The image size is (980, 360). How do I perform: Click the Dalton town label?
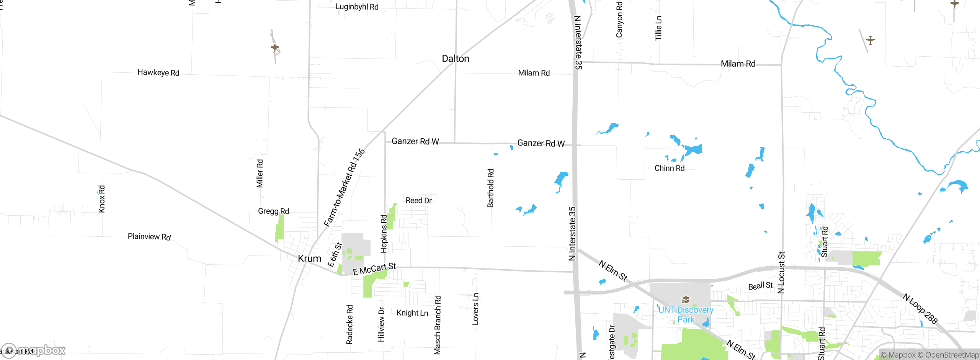click(x=455, y=59)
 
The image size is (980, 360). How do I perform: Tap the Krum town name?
click(x=309, y=259)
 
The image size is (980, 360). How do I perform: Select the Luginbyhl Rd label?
click(x=357, y=7)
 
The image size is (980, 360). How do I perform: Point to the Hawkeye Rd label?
click(x=158, y=72)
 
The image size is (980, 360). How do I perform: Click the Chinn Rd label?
click(x=669, y=168)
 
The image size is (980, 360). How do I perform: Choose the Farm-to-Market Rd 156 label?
click(x=344, y=188)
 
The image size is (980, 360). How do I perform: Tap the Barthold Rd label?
click(x=490, y=188)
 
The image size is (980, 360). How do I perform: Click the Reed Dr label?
click(x=418, y=200)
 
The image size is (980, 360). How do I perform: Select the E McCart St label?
click(x=374, y=269)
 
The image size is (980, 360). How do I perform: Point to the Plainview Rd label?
click(x=149, y=237)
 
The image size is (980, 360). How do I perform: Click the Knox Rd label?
click(x=101, y=199)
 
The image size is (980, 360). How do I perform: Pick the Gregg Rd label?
click(x=273, y=211)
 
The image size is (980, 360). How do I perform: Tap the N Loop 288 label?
click(x=920, y=309)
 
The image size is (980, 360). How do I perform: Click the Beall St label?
click(x=760, y=286)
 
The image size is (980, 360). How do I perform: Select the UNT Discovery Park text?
click(x=686, y=314)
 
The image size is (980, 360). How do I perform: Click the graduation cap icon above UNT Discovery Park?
click(x=686, y=299)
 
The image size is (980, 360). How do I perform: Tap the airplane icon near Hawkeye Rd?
click(x=275, y=48)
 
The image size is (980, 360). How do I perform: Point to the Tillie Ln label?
click(x=658, y=28)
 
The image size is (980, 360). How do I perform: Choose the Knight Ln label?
click(x=412, y=313)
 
